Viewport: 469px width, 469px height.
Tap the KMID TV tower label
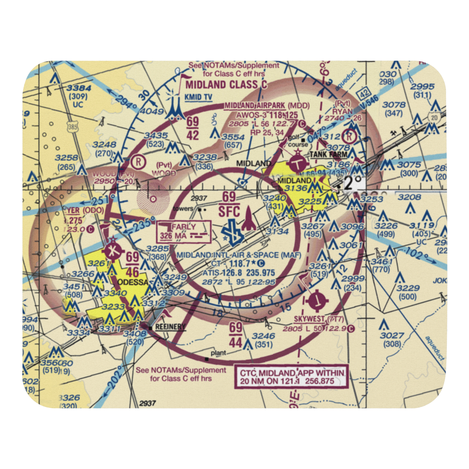(x=198, y=97)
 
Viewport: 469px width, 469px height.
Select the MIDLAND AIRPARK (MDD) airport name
(x=266, y=106)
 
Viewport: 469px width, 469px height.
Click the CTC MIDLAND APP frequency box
(x=292, y=377)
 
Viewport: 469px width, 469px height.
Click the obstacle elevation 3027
(x=392, y=335)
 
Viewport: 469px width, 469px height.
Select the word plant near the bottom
(x=218, y=353)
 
